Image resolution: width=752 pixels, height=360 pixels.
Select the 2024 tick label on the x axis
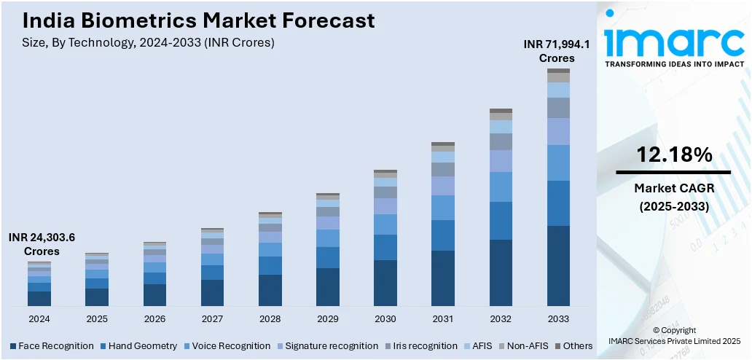(x=39, y=319)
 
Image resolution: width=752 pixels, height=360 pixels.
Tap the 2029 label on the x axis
(x=327, y=319)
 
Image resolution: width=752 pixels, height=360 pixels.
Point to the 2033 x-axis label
(x=558, y=319)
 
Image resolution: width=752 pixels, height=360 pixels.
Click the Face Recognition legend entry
(x=52, y=345)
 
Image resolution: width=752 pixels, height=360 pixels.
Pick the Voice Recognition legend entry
(x=227, y=345)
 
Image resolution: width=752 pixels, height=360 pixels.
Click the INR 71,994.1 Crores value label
(x=557, y=51)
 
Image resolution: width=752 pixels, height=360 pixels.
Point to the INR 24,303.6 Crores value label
(x=42, y=244)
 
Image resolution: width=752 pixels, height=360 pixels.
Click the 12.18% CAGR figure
(x=673, y=154)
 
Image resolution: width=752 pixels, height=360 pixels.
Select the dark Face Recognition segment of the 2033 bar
(x=558, y=266)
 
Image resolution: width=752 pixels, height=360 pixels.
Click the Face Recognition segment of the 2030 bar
(x=385, y=283)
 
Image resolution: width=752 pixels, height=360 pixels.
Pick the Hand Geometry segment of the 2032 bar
(x=501, y=221)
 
